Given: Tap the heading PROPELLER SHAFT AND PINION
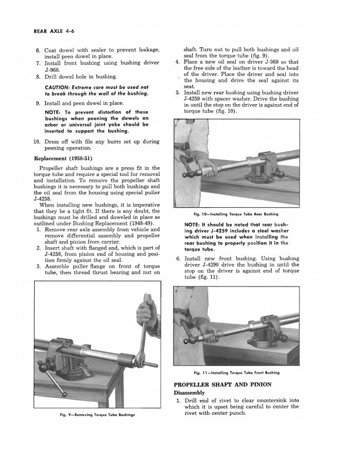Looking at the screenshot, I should pyautogui.click(x=222, y=384).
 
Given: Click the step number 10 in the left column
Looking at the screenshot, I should pyautogui.click(x=36, y=142).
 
